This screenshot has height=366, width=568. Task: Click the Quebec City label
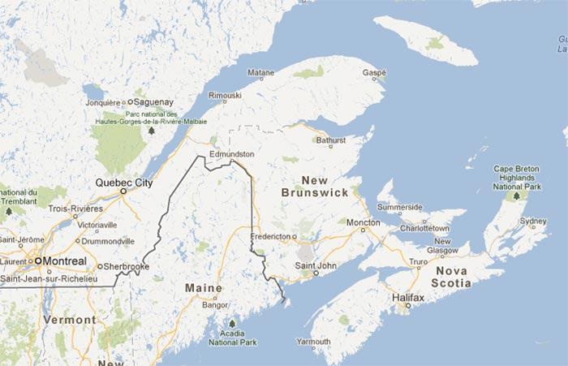tap(124, 183)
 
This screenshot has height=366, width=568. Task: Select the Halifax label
tap(408, 298)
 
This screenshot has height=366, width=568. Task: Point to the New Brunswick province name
tap(315, 186)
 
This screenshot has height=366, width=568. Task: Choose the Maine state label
tap(203, 288)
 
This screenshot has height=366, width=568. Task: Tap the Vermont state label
tap(69, 320)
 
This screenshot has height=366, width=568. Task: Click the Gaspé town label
tap(373, 72)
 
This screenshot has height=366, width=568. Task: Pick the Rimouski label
tap(226, 95)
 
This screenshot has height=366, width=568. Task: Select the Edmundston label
tap(231, 153)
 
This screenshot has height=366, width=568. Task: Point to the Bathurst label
tap(330, 140)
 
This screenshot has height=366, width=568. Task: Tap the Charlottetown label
tap(426, 229)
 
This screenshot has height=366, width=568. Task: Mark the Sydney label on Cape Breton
tap(533, 221)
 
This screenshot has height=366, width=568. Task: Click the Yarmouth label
tap(314, 342)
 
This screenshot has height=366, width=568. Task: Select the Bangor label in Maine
tap(215, 306)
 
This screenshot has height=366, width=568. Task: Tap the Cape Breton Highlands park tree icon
tap(516, 196)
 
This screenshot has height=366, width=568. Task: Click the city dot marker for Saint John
tap(316, 273)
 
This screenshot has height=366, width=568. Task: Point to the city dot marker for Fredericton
tap(295, 236)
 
